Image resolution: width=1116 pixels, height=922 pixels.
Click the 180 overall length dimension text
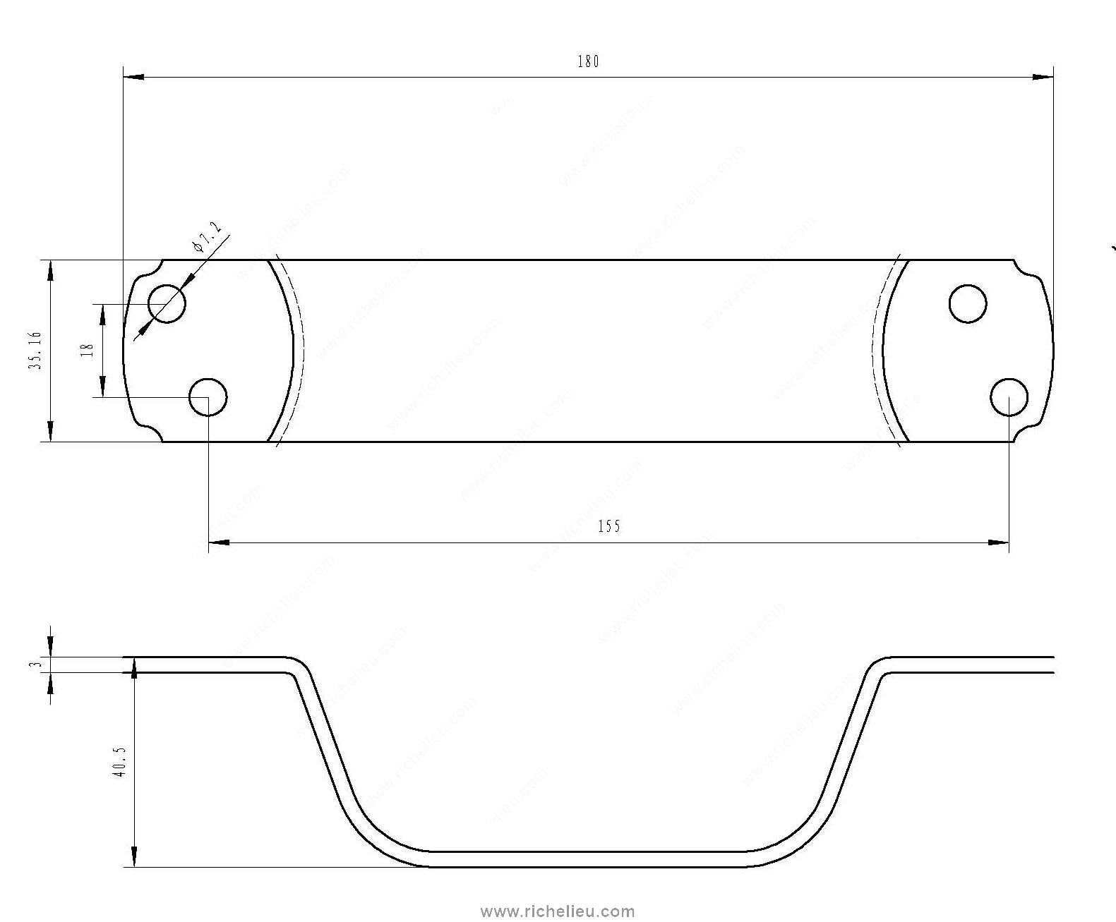tap(587, 62)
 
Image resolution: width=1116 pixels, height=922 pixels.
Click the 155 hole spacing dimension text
tap(608, 526)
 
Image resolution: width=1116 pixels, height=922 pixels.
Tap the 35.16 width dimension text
tap(36, 350)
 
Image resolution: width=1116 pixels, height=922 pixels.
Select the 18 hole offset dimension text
tap(88, 350)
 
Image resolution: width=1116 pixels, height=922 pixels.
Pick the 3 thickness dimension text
tap(40, 664)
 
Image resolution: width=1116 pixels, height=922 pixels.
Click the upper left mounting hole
tap(167, 304)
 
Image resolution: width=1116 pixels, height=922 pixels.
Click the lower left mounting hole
tap(208, 397)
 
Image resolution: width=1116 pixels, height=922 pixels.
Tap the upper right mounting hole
tap(968, 304)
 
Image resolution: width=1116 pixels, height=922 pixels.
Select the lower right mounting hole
tap(1009, 397)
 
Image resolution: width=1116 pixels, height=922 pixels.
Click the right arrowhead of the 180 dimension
tap(1042, 77)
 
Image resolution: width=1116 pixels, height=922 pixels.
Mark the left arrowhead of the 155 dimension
tap(220, 542)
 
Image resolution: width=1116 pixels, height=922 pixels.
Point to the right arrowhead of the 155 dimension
tap(997, 542)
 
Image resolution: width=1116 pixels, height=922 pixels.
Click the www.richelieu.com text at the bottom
tap(558, 911)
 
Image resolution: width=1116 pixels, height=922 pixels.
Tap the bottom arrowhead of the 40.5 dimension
tap(133, 856)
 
